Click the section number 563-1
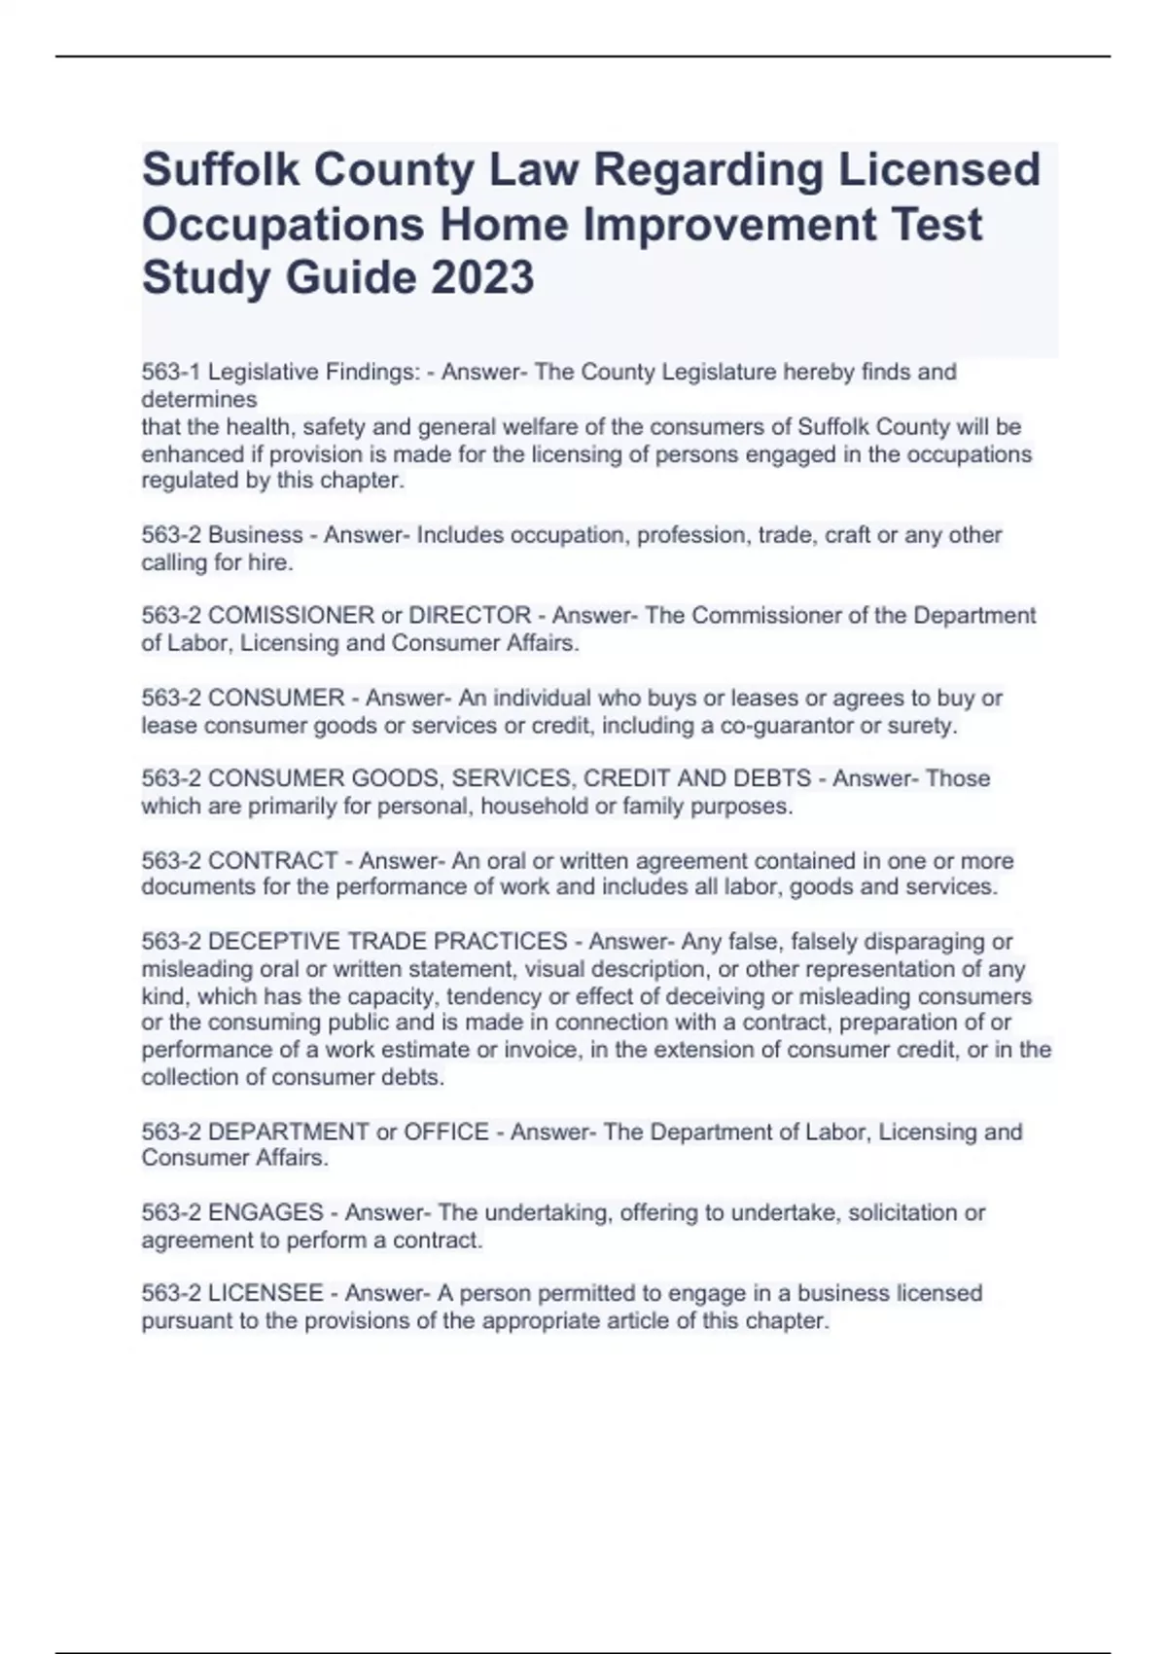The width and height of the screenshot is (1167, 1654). point(171,372)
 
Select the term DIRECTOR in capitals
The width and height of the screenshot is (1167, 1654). point(470,615)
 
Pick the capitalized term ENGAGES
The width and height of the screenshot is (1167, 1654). point(265,1212)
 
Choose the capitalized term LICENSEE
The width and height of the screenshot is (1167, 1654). point(265,1293)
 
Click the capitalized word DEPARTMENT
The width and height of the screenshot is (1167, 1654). point(289,1132)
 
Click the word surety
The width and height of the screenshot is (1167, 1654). point(922,725)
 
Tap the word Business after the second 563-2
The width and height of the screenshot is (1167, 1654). point(256,534)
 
